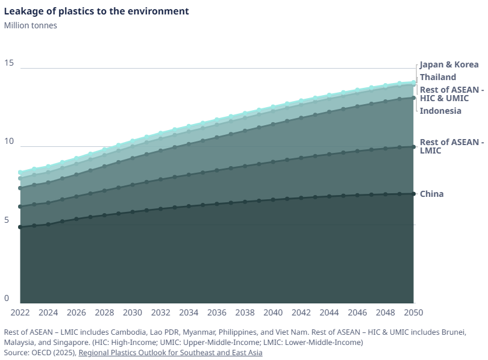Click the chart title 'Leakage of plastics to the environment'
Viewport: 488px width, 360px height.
96,11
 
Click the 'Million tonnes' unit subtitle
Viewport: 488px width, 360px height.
30,25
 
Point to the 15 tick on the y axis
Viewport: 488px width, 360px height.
8,63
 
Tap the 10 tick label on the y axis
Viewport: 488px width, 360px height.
8,141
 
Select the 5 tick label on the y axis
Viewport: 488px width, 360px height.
7,220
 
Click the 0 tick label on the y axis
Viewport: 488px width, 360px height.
7,298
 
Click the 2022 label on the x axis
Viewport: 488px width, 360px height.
20,312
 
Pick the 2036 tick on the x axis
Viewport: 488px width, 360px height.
217,312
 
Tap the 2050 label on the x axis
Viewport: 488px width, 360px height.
413,312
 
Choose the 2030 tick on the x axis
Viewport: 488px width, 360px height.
133,312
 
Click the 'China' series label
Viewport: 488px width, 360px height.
431,194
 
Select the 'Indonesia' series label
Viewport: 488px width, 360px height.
440,111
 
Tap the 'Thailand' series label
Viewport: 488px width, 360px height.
438,77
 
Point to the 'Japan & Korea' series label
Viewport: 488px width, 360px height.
449,64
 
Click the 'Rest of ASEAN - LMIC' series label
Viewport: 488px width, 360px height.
451,146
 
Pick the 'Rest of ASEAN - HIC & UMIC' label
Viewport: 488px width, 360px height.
451,93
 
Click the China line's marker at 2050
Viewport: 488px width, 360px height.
413,194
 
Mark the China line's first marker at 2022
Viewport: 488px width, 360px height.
20,227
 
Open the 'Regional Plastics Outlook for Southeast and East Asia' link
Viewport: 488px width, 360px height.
170,353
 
